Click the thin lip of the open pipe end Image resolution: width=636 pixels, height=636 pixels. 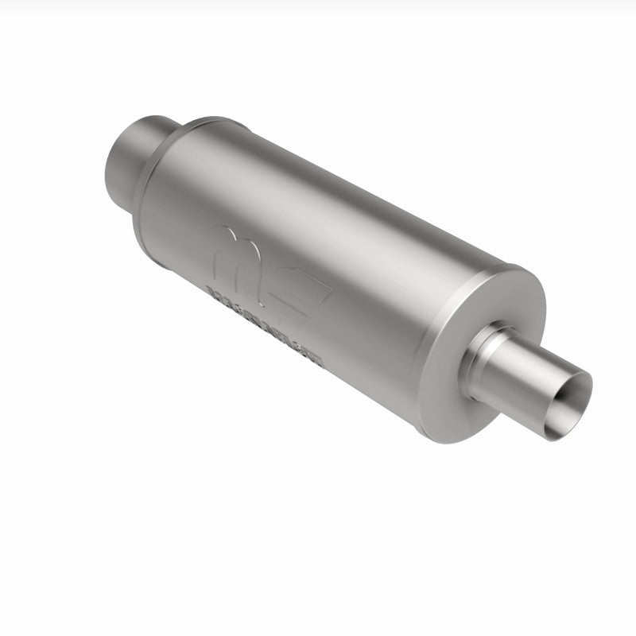589,386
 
